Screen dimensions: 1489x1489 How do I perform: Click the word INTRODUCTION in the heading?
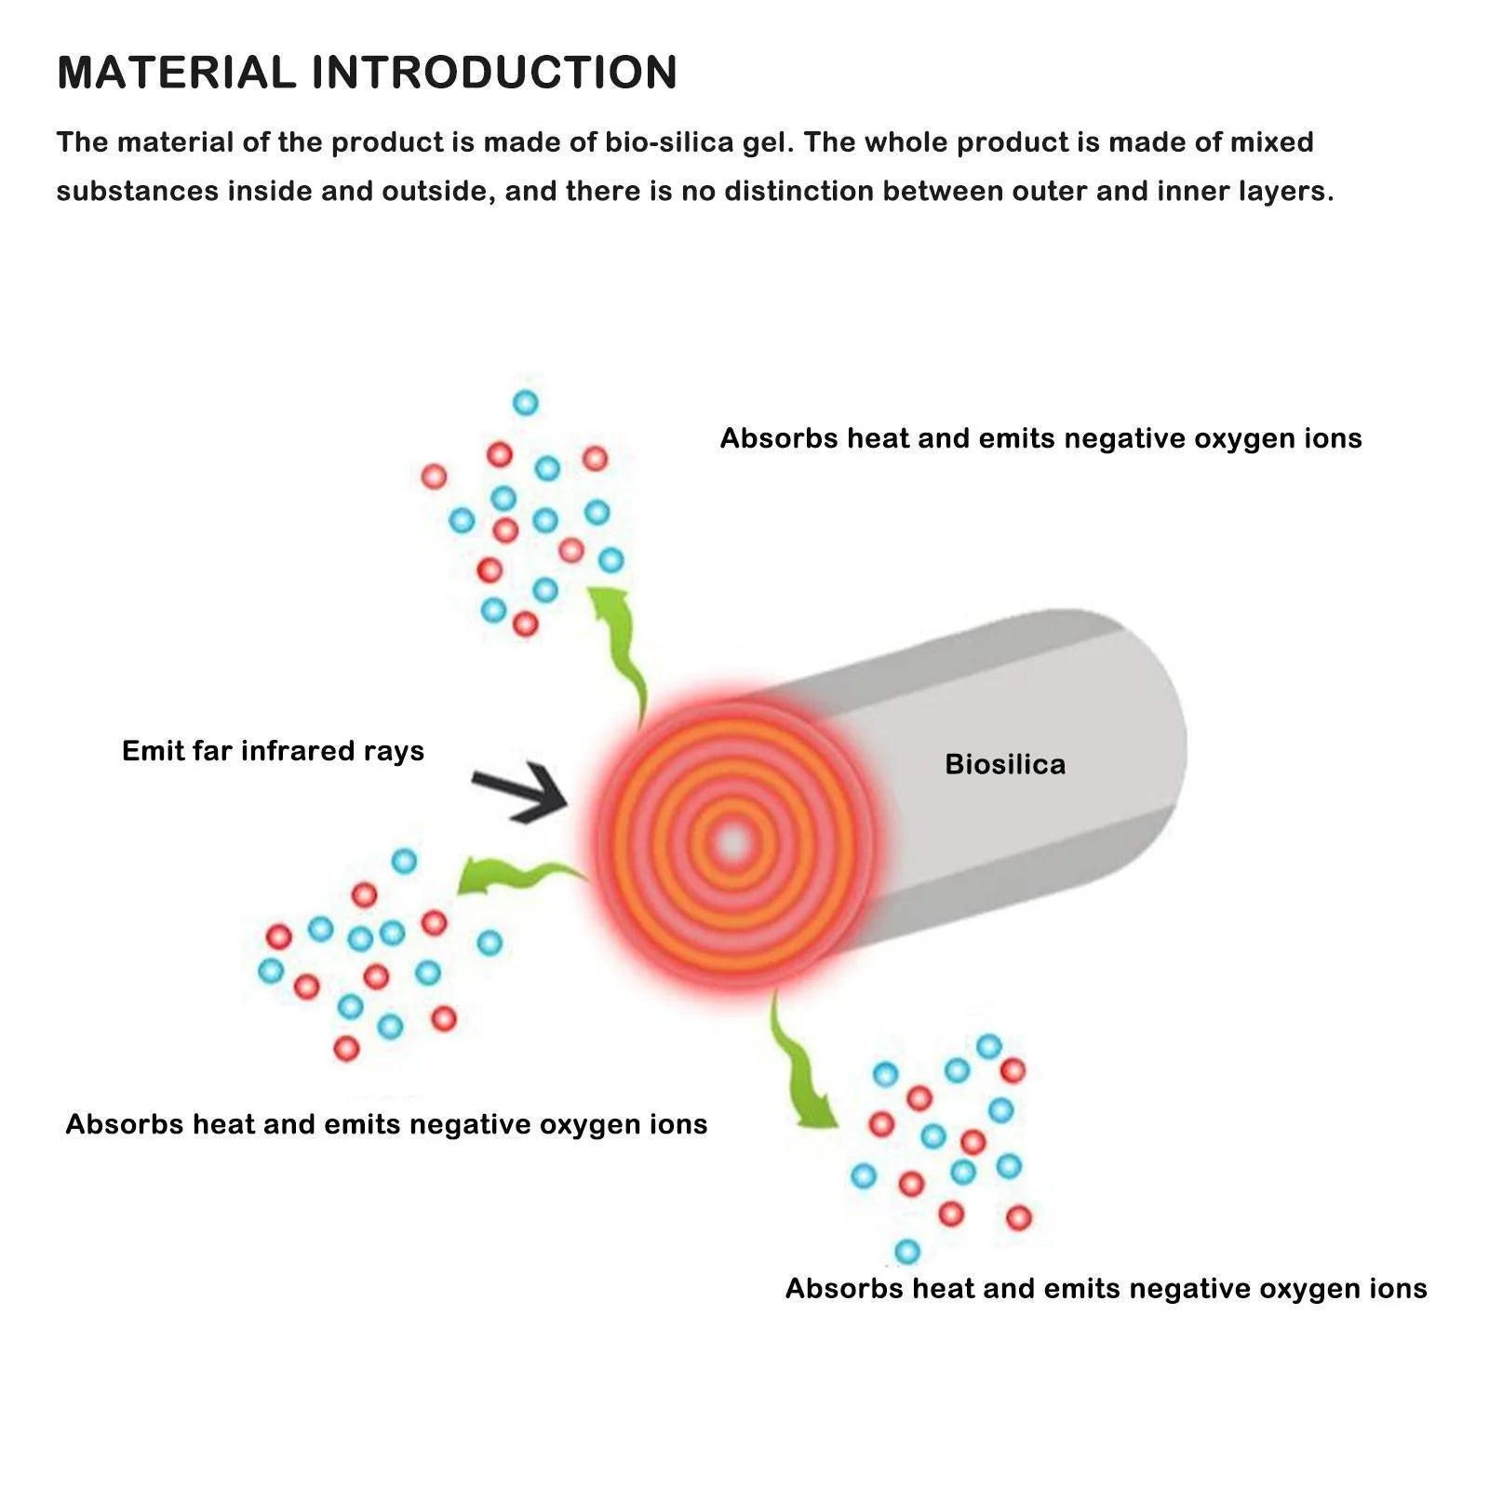[494, 73]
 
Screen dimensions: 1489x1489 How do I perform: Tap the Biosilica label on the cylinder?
[1005, 764]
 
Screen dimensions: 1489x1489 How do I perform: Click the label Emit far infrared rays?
[273, 751]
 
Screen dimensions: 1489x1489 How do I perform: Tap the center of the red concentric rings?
[733, 843]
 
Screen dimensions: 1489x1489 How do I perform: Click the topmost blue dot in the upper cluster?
[526, 403]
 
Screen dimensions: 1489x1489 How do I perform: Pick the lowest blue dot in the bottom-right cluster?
[907, 1251]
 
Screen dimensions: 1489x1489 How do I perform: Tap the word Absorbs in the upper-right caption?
[779, 438]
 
